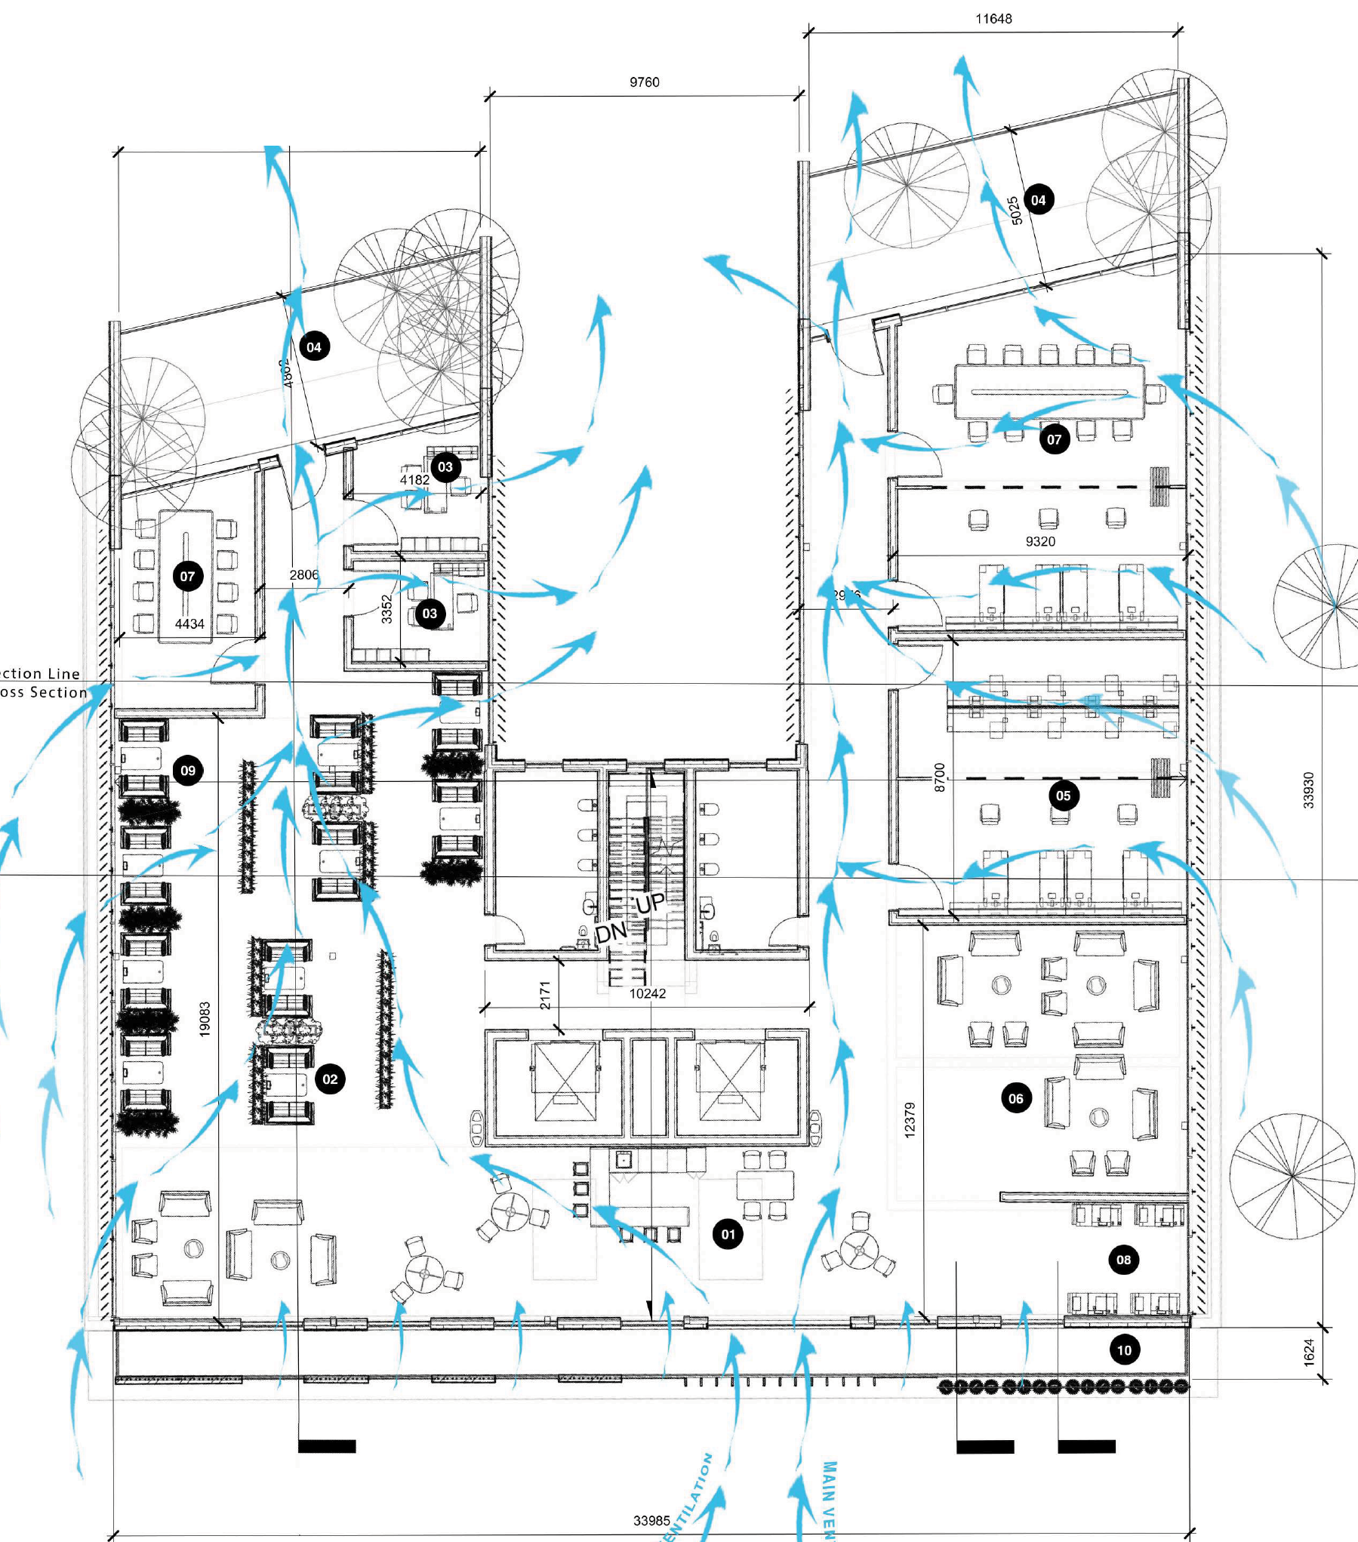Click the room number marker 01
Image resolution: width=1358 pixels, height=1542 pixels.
click(x=728, y=1234)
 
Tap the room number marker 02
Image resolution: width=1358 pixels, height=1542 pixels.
click(x=330, y=1079)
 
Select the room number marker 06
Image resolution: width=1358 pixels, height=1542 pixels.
click(x=1016, y=1098)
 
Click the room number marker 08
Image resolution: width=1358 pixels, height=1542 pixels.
click(x=1123, y=1259)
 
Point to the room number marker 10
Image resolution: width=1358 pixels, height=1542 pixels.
click(x=1124, y=1350)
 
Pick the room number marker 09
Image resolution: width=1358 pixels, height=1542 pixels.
click(x=188, y=771)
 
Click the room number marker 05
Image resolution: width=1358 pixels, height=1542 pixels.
click(x=1063, y=795)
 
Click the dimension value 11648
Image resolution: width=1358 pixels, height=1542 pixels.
click(x=993, y=19)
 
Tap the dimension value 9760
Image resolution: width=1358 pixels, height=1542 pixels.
click(x=644, y=82)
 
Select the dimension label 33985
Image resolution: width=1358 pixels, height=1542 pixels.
click(x=651, y=1520)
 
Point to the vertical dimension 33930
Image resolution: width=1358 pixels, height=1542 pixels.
click(x=1309, y=789)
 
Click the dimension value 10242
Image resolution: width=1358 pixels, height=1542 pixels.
click(x=648, y=993)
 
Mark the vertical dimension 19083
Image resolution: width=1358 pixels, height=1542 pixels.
click(x=205, y=1019)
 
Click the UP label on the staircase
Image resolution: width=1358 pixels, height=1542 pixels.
click(x=650, y=903)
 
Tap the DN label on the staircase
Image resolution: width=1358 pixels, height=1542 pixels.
click(x=611, y=933)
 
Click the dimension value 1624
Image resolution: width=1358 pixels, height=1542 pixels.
click(x=1309, y=1352)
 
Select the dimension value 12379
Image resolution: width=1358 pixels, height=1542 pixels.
click(x=910, y=1119)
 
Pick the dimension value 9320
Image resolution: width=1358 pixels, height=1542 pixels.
click(x=1040, y=541)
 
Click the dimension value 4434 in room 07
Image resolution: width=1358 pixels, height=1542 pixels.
click(x=189, y=624)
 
